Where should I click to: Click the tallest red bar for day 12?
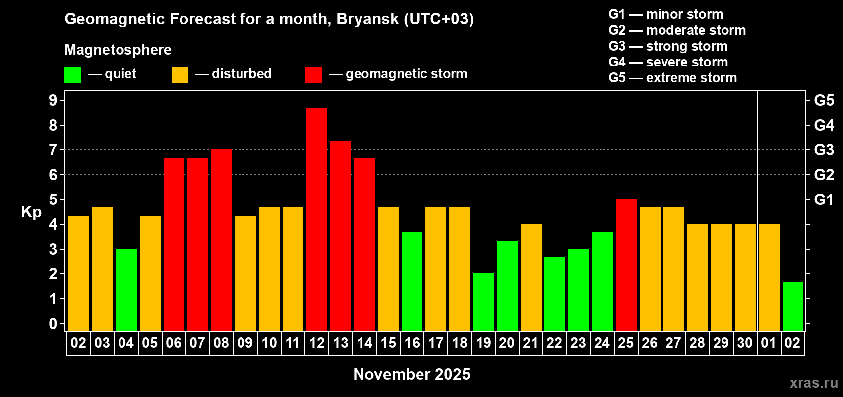[x=316, y=220]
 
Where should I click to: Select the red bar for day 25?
[x=626, y=265]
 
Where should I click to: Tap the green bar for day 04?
[x=126, y=290]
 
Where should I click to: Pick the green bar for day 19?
[x=483, y=302]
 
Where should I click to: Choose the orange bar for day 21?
[x=531, y=277]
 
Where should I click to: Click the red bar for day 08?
[x=222, y=240]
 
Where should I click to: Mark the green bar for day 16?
[x=412, y=282]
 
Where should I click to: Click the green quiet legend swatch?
[x=72, y=74]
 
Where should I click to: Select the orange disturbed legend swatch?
[x=180, y=74]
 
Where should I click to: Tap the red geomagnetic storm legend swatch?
[x=313, y=74]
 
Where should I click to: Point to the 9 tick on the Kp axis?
[x=53, y=100]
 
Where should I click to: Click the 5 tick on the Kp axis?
[x=53, y=199]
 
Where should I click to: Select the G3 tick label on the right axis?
[x=824, y=150]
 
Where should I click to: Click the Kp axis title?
[x=31, y=212]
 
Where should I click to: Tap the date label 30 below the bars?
[x=745, y=343]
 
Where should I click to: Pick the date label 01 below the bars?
[x=769, y=343]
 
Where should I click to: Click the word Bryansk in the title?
[x=367, y=19]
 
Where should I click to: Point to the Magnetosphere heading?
[x=118, y=50]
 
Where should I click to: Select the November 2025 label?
[x=412, y=374]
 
